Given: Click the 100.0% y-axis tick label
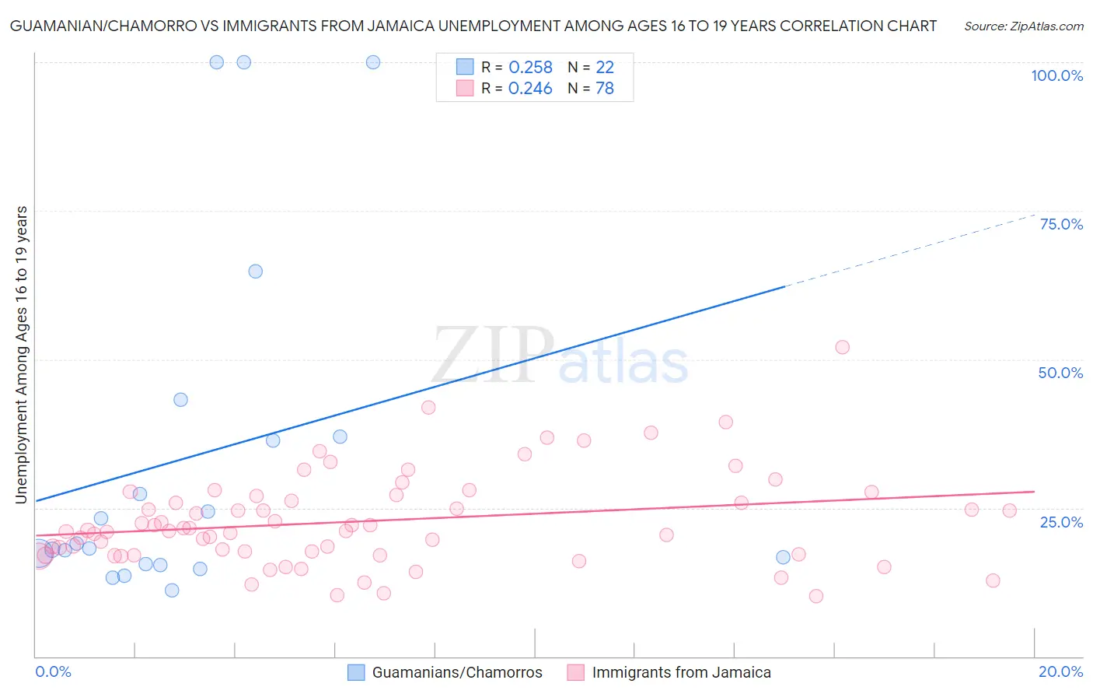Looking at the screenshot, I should click(x=1056, y=75).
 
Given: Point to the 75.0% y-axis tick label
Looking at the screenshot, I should click(x=1061, y=224).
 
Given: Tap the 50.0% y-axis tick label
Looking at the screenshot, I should click(x=1060, y=373).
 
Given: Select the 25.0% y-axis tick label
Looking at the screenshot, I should click(x=1061, y=521).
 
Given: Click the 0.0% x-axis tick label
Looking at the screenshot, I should click(x=53, y=671).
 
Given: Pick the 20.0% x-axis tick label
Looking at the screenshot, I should click(x=1060, y=671).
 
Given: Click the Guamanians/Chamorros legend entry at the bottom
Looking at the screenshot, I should click(x=456, y=672).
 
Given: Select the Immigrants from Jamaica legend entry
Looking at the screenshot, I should click(x=681, y=672).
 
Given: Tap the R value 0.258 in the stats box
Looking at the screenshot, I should click(x=530, y=68).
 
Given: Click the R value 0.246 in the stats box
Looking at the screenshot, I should click(x=530, y=89).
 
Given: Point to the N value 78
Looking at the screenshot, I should click(x=605, y=89).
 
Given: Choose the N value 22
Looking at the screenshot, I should click(x=605, y=68).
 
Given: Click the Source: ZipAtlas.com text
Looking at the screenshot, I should click(x=1023, y=26).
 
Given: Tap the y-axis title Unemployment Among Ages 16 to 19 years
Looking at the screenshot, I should click(x=22, y=355).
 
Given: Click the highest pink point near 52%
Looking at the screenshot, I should click(x=842, y=347).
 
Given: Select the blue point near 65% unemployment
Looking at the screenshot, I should click(x=255, y=272).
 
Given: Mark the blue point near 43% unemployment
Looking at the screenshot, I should click(x=180, y=400).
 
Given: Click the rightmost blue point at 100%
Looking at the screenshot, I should click(x=373, y=62).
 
